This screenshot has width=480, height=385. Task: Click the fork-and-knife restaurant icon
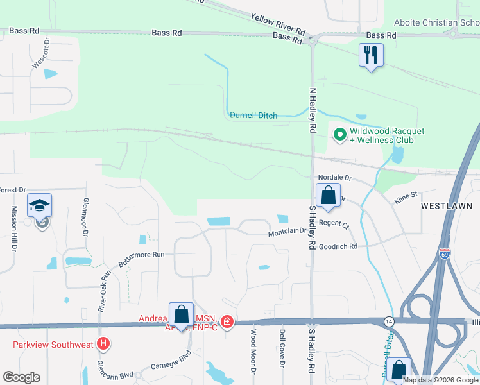[371, 55]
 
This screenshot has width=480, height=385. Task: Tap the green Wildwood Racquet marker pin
[338, 135]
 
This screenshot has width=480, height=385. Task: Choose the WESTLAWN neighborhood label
[447, 206]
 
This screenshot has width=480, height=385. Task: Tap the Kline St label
[406, 194]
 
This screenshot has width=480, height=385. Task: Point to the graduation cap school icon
[39, 205]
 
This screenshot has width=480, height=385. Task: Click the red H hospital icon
[103, 344]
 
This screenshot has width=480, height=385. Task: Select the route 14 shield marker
[388, 320]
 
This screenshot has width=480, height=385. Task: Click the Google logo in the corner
[21, 377]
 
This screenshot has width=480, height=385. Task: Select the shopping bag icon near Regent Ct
[328, 195]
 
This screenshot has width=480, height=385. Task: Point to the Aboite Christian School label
[437, 22]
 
